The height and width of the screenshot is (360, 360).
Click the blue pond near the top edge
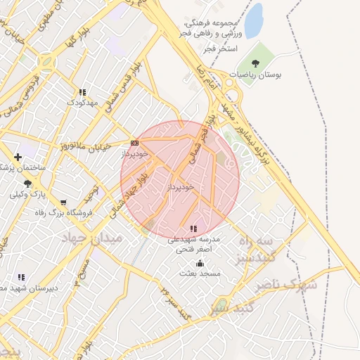pyautogui.click(x=253, y=20)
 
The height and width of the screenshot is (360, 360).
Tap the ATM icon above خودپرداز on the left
pyautogui.click(x=134, y=143)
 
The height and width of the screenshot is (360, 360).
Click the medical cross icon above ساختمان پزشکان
pyautogui.click(x=18, y=157)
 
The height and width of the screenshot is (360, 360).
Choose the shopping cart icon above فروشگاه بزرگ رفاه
pyautogui.click(x=63, y=203)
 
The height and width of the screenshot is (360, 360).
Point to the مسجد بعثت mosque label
pyautogui.click(x=200, y=273)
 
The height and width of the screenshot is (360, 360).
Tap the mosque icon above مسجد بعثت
pyautogui.click(x=200, y=263)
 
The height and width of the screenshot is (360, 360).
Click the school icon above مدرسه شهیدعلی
pyautogui.click(x=193, y=229)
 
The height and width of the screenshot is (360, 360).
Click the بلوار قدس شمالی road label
pyautogui.click(x=122, y=89)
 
